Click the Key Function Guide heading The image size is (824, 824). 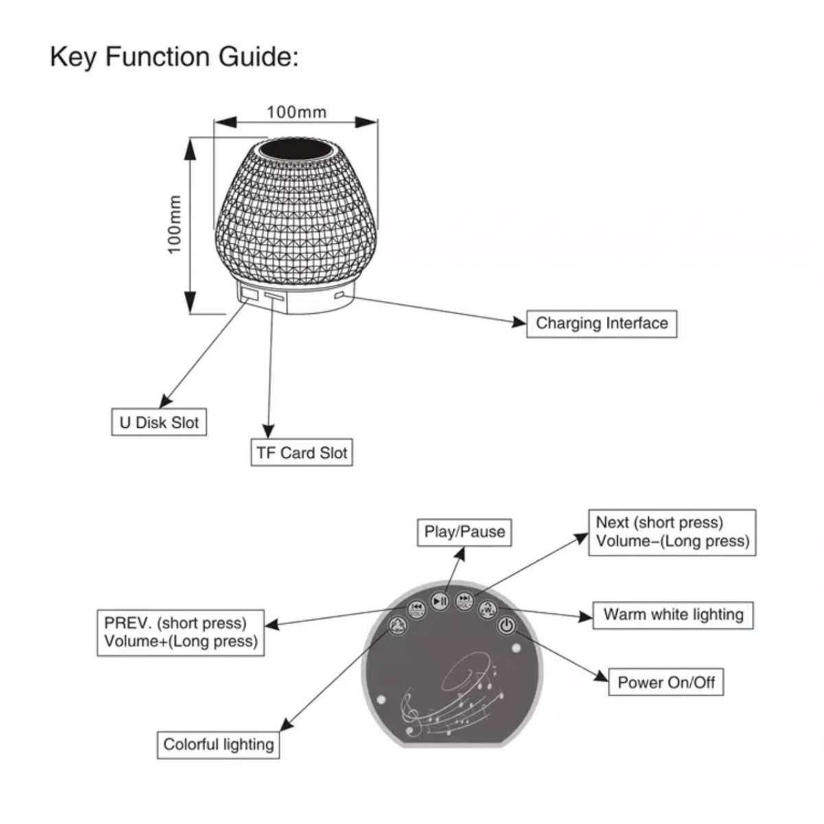[x=174, y=56]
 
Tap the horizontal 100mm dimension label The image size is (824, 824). [x=297, y=112]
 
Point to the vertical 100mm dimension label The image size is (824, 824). [x=174, y=224]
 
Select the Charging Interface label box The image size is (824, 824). [x=602, y=323]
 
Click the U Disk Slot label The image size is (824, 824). [x=159, y=422]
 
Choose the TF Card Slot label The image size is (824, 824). [x=301, y=453]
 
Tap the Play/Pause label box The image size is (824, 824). [x=464, y=532]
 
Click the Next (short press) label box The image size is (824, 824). [x=672, y=532]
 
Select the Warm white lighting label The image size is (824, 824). [x=673, y=615]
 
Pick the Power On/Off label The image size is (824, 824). [x=666, y=683]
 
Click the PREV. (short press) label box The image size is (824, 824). [x=181, y=632]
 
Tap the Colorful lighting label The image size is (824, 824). [x=218, y=745]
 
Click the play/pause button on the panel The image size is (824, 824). [x=440, y=602]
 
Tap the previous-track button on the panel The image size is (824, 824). [x=416, y=608]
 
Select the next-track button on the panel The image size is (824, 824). [x=465, y=602]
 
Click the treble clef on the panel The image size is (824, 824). [x=411, y=711]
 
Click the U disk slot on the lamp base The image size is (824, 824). [x=248, y=294]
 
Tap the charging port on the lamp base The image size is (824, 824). [x=340, y=296]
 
